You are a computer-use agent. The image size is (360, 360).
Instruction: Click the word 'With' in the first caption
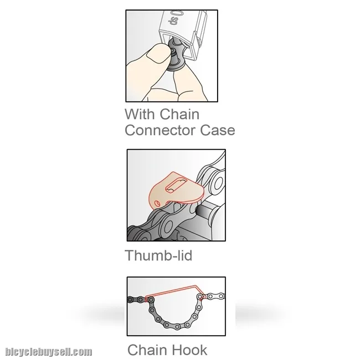point(140,114)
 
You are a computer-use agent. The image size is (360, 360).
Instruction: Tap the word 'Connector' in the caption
point(160,130)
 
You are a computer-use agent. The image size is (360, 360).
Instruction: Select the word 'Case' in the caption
point(218,130)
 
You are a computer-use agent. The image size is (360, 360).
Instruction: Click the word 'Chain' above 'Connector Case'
point(179,114)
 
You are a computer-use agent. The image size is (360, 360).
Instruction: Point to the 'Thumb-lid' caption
point(158,255)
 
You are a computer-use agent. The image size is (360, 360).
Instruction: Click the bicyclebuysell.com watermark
point(49,352)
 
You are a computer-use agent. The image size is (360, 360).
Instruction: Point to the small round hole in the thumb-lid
point(157,203)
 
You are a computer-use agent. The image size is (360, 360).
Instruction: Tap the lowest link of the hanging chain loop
point(177,326)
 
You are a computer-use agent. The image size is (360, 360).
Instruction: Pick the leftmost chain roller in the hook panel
point(130,300)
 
